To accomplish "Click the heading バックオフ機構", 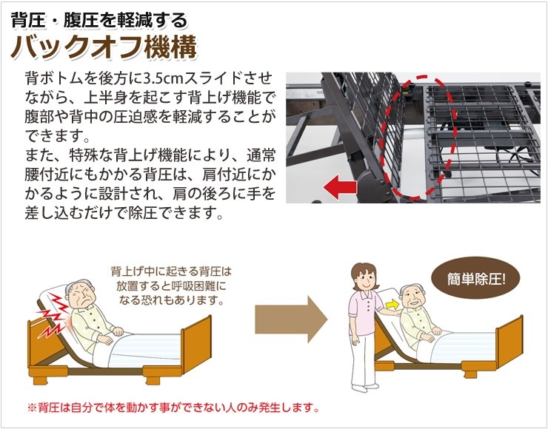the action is click(104, 47).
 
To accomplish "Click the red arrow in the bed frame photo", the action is click(340, 187).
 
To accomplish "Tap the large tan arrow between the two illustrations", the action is click(291, 319).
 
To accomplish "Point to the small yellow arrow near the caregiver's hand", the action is click(392, 305).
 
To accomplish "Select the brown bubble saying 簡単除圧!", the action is click(476, 278).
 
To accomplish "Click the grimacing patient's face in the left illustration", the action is click(81, 296).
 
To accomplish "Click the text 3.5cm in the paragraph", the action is click(164, 78).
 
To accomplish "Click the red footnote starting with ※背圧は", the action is click(173, 408).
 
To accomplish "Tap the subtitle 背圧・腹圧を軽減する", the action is click(99, 20).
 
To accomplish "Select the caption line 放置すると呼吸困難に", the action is click(171, 286).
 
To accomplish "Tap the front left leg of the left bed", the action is click(38, 379).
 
